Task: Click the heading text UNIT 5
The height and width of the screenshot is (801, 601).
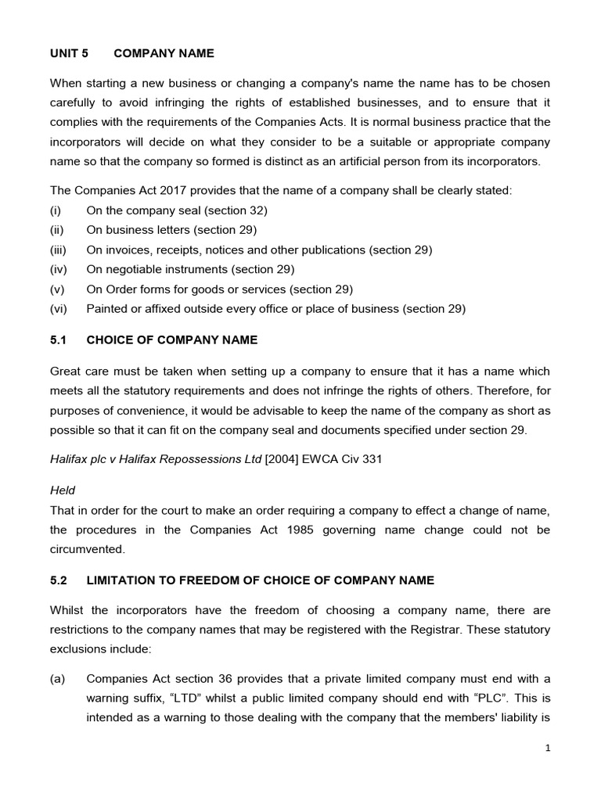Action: (70, 53)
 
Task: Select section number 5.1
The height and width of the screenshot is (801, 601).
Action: (60, 340)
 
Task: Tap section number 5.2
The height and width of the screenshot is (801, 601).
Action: (60, 580)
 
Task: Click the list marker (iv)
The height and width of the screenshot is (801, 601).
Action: (59, 269)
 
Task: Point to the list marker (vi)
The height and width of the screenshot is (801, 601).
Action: (59, 308)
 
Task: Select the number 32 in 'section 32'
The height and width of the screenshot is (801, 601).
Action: (256, 210)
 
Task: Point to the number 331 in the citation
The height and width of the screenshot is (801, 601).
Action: (372, 460)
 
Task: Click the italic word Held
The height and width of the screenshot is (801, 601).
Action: (63, 490)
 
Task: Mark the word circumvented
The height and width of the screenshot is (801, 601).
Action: (87, 549)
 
